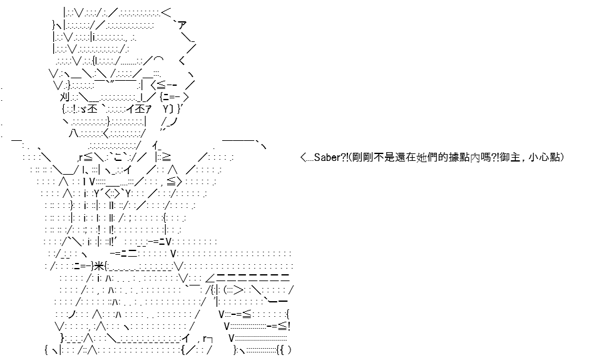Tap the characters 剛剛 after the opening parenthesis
point(362,157)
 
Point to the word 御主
point(510,157)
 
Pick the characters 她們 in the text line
point(426,157)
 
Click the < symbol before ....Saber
point(303,157)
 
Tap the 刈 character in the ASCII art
point(64,97)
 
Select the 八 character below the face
point(74,133)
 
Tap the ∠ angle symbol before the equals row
point(210,279)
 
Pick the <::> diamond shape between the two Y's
point(113,193)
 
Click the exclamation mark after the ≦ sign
point(289,326)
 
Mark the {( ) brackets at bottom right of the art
point(284,350)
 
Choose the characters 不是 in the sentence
point(384,157)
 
